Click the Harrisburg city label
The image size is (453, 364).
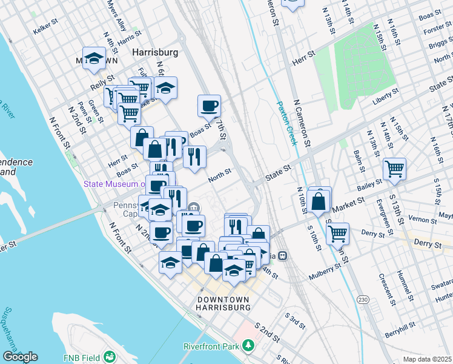(x=155, y=53)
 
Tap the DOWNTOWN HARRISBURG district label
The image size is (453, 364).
(x=223, y=304)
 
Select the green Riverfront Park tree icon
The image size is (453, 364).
(x=248, y=346)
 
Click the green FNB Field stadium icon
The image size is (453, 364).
(x=110, y=356)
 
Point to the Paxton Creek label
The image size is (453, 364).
(x=285, y=122)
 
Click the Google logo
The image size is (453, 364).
(x=19, y=357)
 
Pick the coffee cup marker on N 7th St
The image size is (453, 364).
(x=209, y=106)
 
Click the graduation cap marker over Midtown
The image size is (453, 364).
(x=94, y=58)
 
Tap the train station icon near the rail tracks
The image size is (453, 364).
(x=282, y=256)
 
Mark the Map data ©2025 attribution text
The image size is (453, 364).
(x=426, y=359)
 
